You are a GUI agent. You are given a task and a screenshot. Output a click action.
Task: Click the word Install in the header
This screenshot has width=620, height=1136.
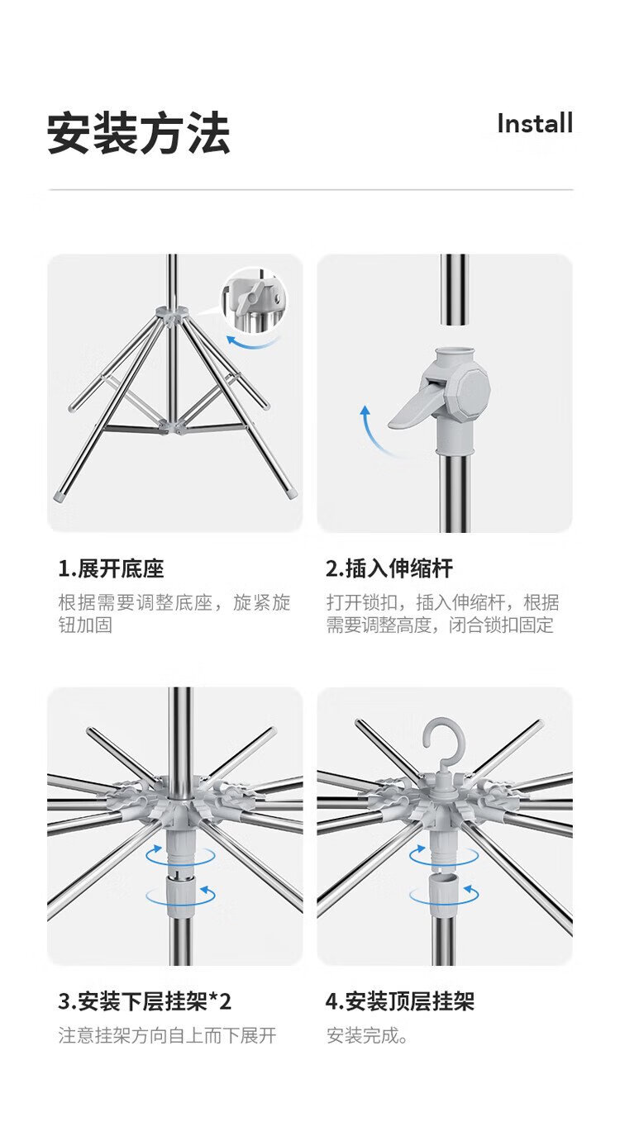pyautogui.click(x=535, y=124)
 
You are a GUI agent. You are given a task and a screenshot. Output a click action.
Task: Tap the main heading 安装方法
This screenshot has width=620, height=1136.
pyautogui.click(x=139, y=133)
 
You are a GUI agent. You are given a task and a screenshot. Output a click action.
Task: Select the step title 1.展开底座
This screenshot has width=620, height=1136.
pyautogui.click(x=111, y=568)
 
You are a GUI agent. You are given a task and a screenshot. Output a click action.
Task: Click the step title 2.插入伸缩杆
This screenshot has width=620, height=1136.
pyautogui.click(x=389, y=568)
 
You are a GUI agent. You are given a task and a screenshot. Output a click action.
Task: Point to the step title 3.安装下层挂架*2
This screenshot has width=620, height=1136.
pyautogui.click(x=145, y=1001)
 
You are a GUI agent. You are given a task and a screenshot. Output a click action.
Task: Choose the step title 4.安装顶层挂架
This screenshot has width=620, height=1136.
pyautogui.click(x=400, y=1001)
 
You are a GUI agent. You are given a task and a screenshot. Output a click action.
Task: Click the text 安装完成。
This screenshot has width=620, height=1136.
pyautogui.click(x=368, y=1035)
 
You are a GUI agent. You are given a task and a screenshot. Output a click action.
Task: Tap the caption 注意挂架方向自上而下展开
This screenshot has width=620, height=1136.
pyautogui.click(x=168, y=1035)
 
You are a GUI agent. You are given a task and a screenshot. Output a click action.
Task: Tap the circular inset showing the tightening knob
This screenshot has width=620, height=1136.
pyautogui.click(x=254, y=300)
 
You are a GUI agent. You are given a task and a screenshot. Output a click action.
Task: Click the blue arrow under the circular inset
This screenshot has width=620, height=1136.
pyautogui.click(x=251, y=342)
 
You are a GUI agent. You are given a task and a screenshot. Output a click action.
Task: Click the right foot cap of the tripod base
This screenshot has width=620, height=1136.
pyautogui.click(x=291, y=494)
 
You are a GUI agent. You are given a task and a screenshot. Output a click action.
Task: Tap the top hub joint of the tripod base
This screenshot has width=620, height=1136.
pyautogui.click(x=173, y=313)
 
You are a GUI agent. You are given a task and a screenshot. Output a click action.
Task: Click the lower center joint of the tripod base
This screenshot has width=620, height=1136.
pyautogui.click(x=173, y=425)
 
